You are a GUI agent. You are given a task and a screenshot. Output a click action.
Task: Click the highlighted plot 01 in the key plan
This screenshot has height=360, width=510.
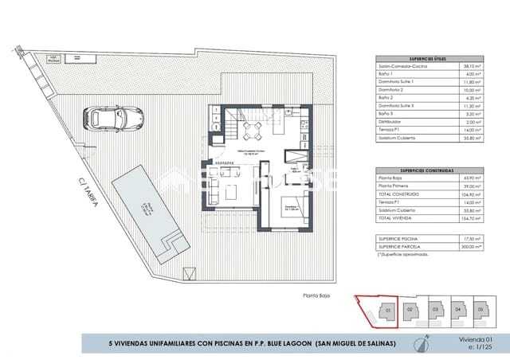[x=386, y=309]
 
